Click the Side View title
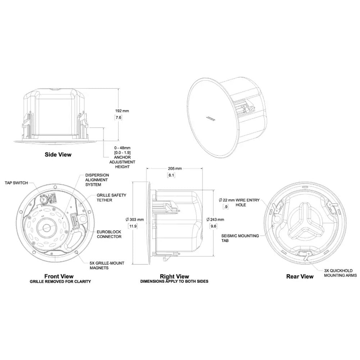point(58,155)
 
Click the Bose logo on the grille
point(211,118)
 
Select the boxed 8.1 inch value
point(171,175)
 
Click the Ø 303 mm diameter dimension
point(135,219)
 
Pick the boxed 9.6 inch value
point(214,226)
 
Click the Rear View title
point(300,277)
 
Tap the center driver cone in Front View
point(47,227)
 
